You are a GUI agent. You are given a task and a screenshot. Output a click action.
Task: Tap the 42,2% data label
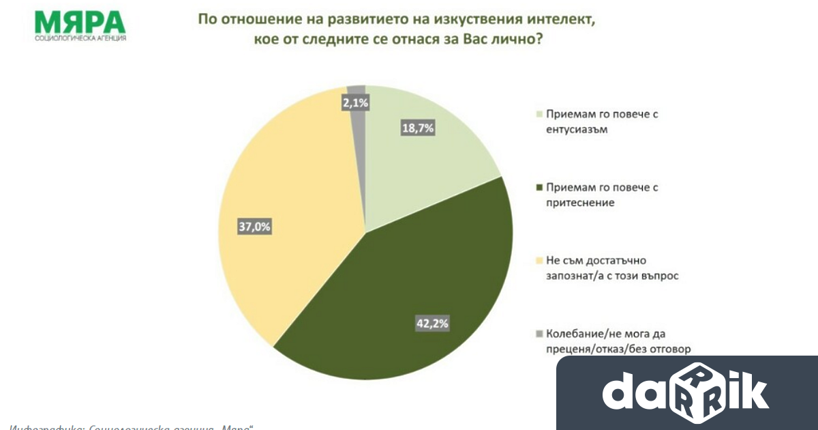[432, 324]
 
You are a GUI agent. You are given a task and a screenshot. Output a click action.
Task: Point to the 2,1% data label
[355, 103]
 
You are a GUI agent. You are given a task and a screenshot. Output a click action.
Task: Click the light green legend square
[541, 114]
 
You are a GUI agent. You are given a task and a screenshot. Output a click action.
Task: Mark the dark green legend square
[541, 187]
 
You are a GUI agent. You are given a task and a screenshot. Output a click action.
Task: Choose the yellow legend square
[541, 260]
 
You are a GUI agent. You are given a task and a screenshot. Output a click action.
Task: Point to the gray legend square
[541, 333]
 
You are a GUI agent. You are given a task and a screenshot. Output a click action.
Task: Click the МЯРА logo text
[80, 20]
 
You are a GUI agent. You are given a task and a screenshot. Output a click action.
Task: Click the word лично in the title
[501, 40]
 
